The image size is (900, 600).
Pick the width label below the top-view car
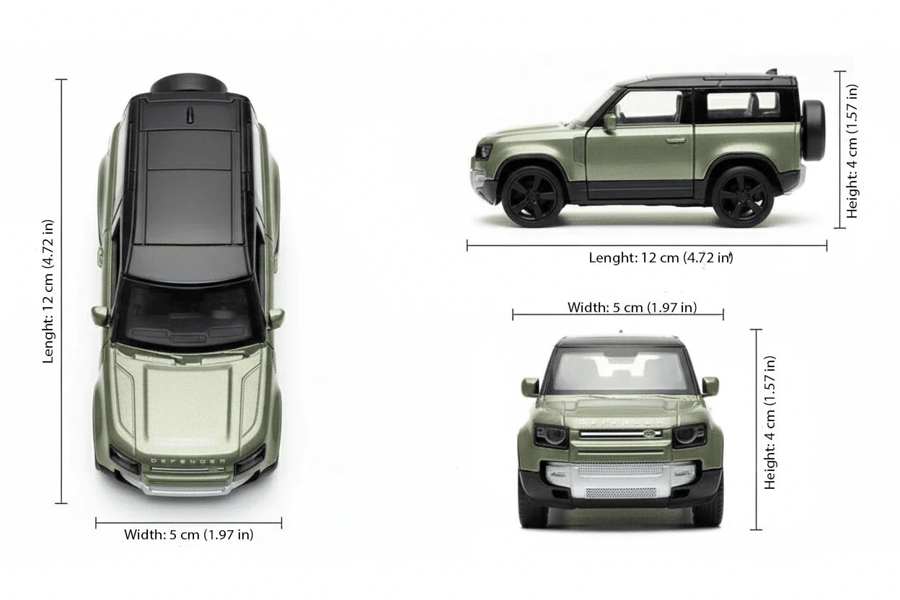coord(188,534)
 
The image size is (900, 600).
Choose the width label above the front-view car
coord(632,307)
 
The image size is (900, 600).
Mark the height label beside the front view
coord(771,423)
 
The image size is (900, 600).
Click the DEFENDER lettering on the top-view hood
coord(187,460)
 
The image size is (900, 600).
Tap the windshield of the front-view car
coord(619,370)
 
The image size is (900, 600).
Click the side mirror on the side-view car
coord(610,122)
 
